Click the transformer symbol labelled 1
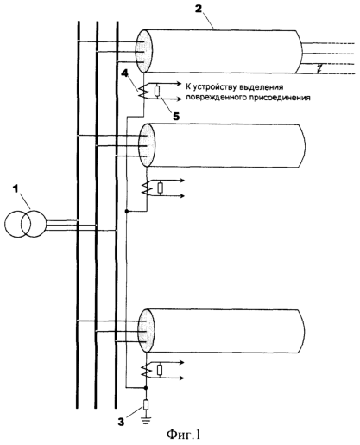tap(25, 224)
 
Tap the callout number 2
tap(199, 9)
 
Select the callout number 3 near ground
tap(121, 422)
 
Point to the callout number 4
tap(124, 73)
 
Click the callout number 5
tap(176, 116)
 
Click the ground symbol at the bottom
tap(146, 422)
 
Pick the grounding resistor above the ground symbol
tap(146, 404)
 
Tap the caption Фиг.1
tap(183, 435)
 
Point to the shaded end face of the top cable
tap(144, 51)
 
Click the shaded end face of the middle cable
tap(147, 145)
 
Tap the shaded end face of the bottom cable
tap(147, 331)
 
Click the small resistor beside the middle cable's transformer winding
tap(161, 188)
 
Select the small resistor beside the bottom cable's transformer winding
tap(160, 370)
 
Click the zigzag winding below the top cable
tap(143, 92)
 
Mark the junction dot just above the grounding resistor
tap(146, 388)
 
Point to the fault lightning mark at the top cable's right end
tap(319, 68)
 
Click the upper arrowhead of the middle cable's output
tap(182, 181)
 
